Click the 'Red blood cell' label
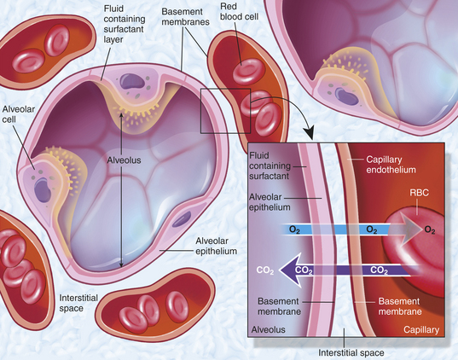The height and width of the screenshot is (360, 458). point(239,12)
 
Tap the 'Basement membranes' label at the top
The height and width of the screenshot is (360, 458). point(185,17)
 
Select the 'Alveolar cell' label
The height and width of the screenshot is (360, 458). point(19,114)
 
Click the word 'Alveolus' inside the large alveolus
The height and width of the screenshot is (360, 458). point(124,160)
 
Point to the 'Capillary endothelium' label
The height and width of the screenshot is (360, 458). point(391,165)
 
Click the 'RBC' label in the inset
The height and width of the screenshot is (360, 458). point(419,193)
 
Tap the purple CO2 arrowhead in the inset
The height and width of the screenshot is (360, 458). point(290,270)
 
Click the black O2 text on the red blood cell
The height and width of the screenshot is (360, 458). point(430,230)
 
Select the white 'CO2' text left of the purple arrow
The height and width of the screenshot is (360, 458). point(265,270)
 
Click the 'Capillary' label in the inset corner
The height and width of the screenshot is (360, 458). point(421,329)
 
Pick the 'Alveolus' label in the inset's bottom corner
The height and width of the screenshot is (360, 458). point(268,329)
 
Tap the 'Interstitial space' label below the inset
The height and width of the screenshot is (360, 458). point(351,352)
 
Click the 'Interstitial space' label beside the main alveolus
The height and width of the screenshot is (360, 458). point(78,303)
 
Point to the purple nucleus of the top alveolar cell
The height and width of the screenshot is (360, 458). point(132,81)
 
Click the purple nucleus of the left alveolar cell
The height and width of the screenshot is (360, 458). point(43,190)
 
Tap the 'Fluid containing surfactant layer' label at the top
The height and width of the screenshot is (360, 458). point(125,24)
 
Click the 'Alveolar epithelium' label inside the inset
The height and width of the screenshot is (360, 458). point(270,202)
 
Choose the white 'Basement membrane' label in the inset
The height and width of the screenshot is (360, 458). point(400,306)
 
